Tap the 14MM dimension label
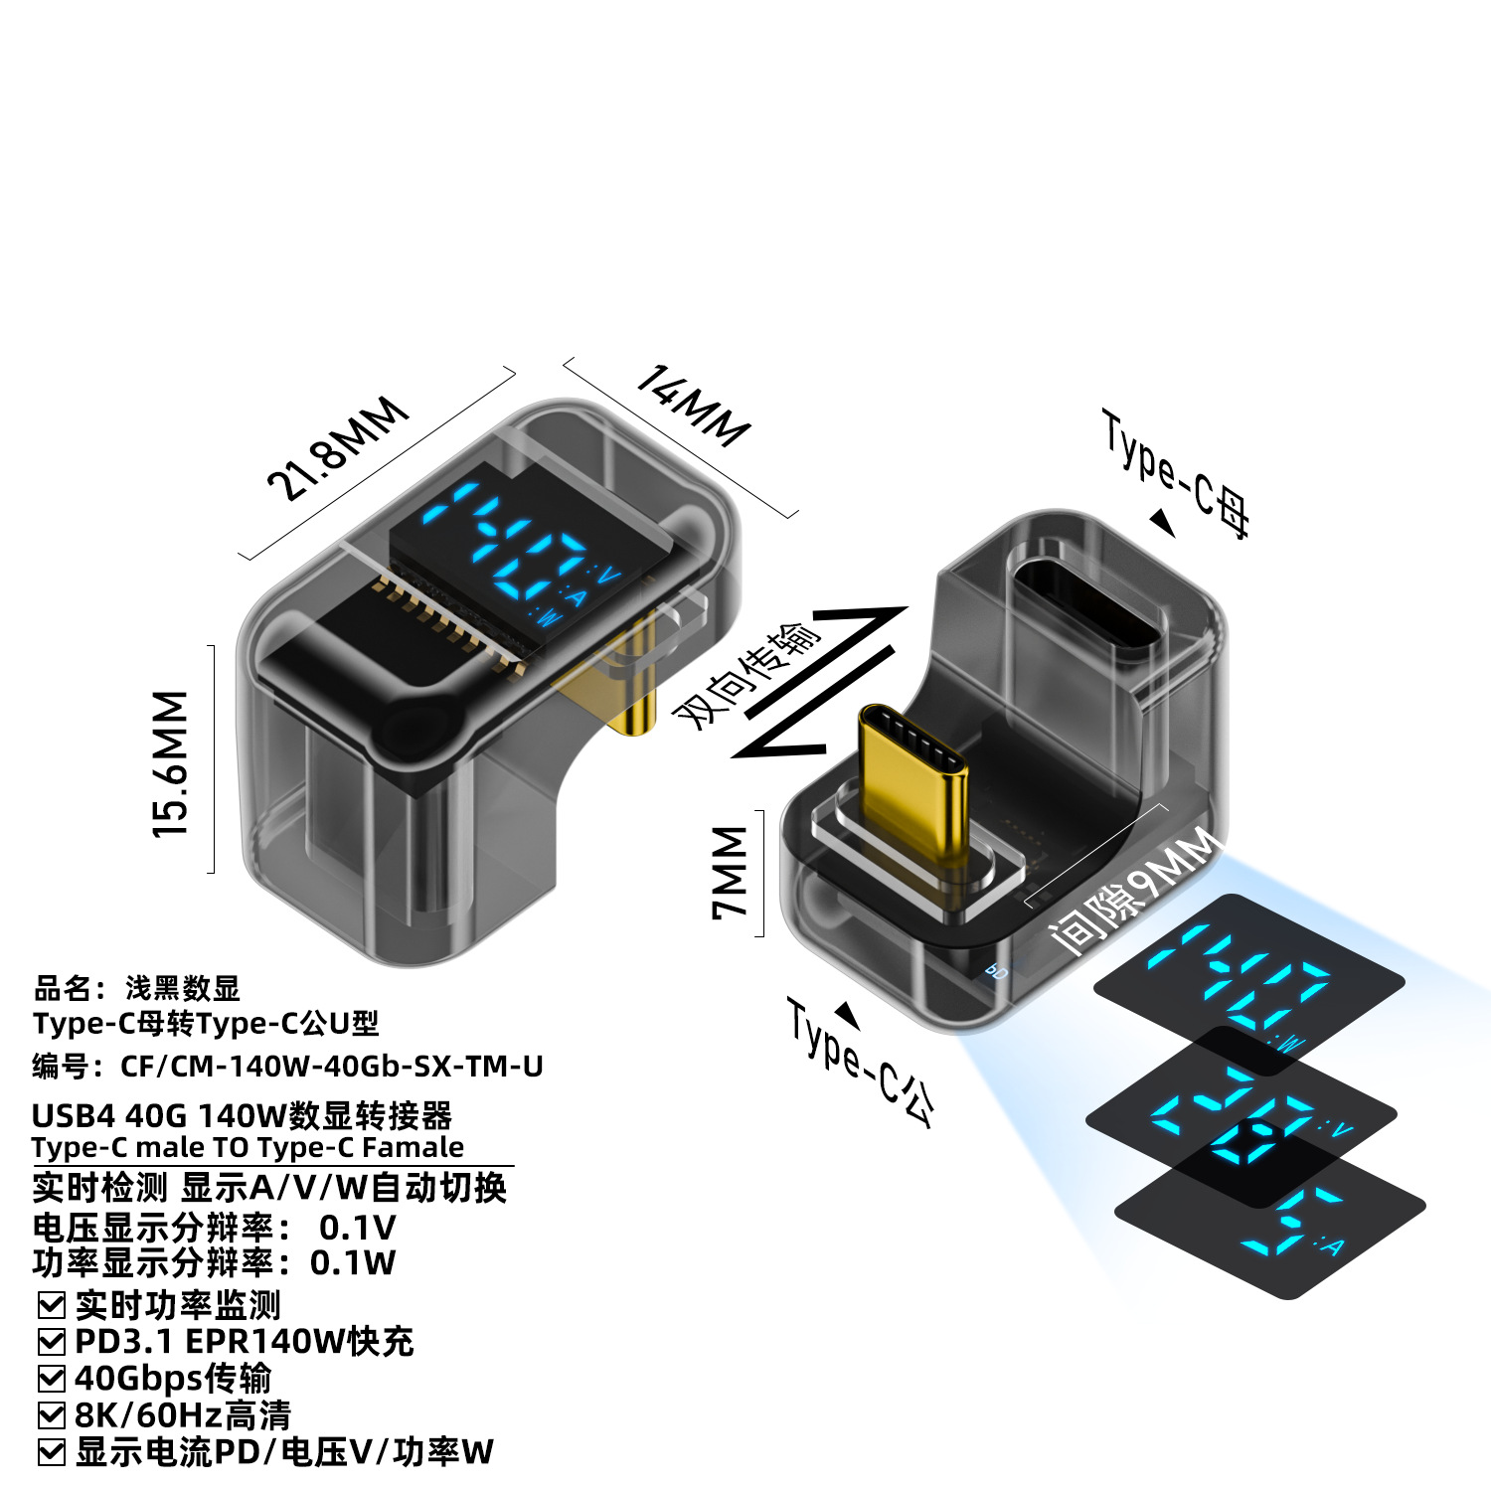(693, 406)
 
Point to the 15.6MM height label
(171, 762)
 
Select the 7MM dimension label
(732, 872)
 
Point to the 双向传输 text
(747, 675)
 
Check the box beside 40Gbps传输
(51, 1379)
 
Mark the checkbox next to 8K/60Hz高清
(51, 1415)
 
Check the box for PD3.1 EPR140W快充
(51, 1342)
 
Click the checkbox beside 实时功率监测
(51, 1305)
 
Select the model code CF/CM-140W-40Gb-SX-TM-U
(332, 1067)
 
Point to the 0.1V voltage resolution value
(357, 1229)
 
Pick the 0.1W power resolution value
(353, 1263)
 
